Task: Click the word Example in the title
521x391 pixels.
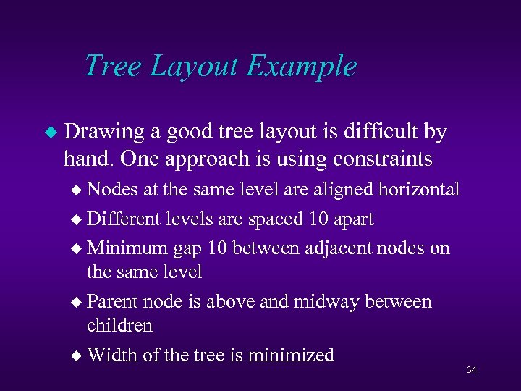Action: pyautogui.click(x=302, y=66)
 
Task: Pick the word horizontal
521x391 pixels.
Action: pyautogui.click(x=418, y=190)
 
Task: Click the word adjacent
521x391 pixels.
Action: pyautogui.click(x=325, y=248)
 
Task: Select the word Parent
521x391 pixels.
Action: pyautogui.click(x=113, y=301)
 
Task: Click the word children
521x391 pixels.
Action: pyautogui.click(x=119, y=326)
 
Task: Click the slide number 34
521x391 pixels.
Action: pyautogui.click(x=472, y=370)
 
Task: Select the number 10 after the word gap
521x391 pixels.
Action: pyautogui.click(x=217, y=248)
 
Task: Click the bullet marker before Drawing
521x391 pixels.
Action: pyautogui.click(x=50, y=133)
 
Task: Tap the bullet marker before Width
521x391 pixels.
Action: pyautogui.click(x=78, y=356)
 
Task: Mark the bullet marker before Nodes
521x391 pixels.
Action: pyautogui.click(x=78, y=190)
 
